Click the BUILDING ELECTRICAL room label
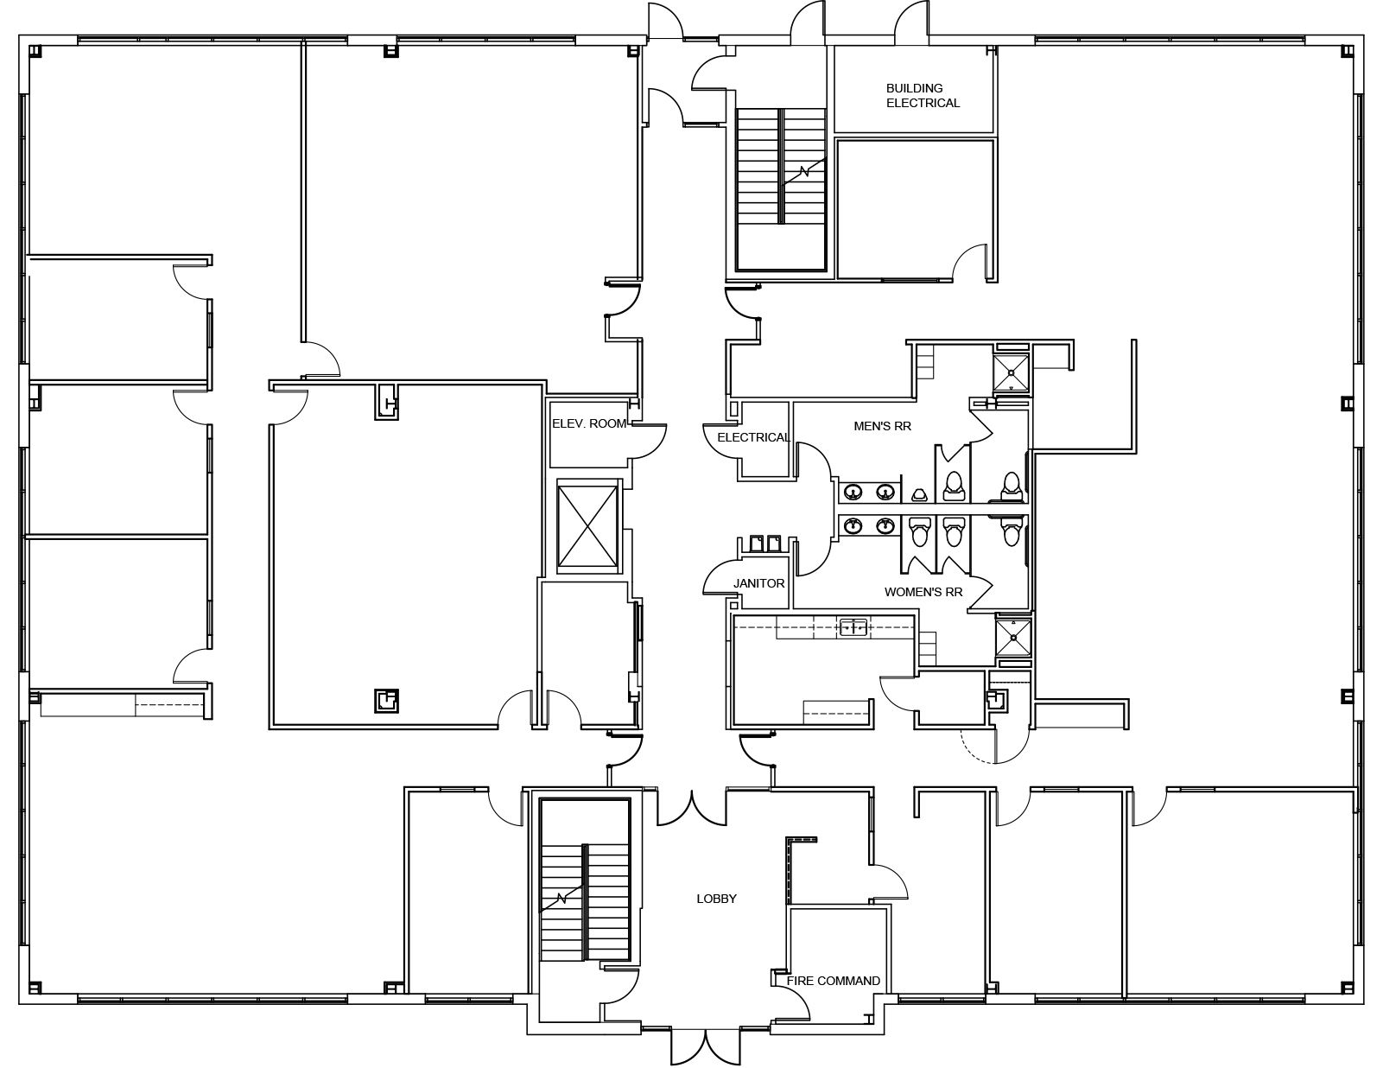(923, 95)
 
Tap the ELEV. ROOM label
(589, 423)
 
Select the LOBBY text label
(716, 899)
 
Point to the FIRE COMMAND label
(833, 981)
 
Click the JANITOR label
(758, 583)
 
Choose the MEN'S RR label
(882, 426)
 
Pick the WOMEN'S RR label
(923, 592)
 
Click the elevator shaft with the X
(587, 525)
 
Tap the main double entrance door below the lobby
(706, 1044)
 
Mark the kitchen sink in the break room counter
(853, 627)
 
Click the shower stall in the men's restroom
(1012, 372)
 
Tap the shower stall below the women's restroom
(1012, 637)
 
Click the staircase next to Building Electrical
(781, 189)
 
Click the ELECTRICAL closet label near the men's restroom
(753, 437)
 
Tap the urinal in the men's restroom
(919, 494)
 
